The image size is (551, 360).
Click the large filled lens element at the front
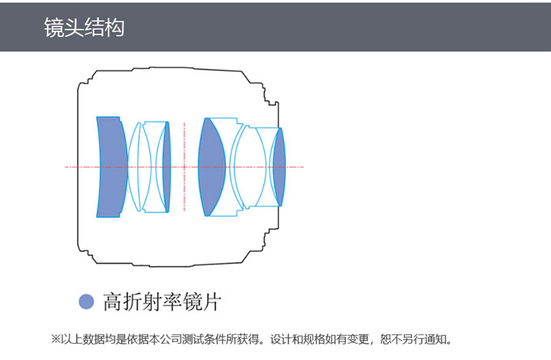[x=112, y=167]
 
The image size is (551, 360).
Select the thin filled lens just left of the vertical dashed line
[x=167, y=167]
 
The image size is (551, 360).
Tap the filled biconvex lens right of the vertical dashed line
[x=211, y=167]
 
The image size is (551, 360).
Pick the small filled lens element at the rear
[x=280, y=167]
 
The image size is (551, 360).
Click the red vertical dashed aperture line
[x=184, y=167]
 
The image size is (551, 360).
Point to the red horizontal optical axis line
[x=184, y=167]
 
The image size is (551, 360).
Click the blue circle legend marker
[x=86, y=302]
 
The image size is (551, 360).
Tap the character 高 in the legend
[x=113, y=302]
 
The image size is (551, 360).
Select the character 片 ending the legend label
[x=212, y=302]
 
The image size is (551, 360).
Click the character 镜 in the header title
[x=54, y=27]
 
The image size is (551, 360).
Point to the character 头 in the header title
[x=74, y=27]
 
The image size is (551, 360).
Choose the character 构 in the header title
[x=115, y=27]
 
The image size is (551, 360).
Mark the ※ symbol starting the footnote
[x=57, y=339]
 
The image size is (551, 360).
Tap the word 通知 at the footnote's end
[x=434, y=339]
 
